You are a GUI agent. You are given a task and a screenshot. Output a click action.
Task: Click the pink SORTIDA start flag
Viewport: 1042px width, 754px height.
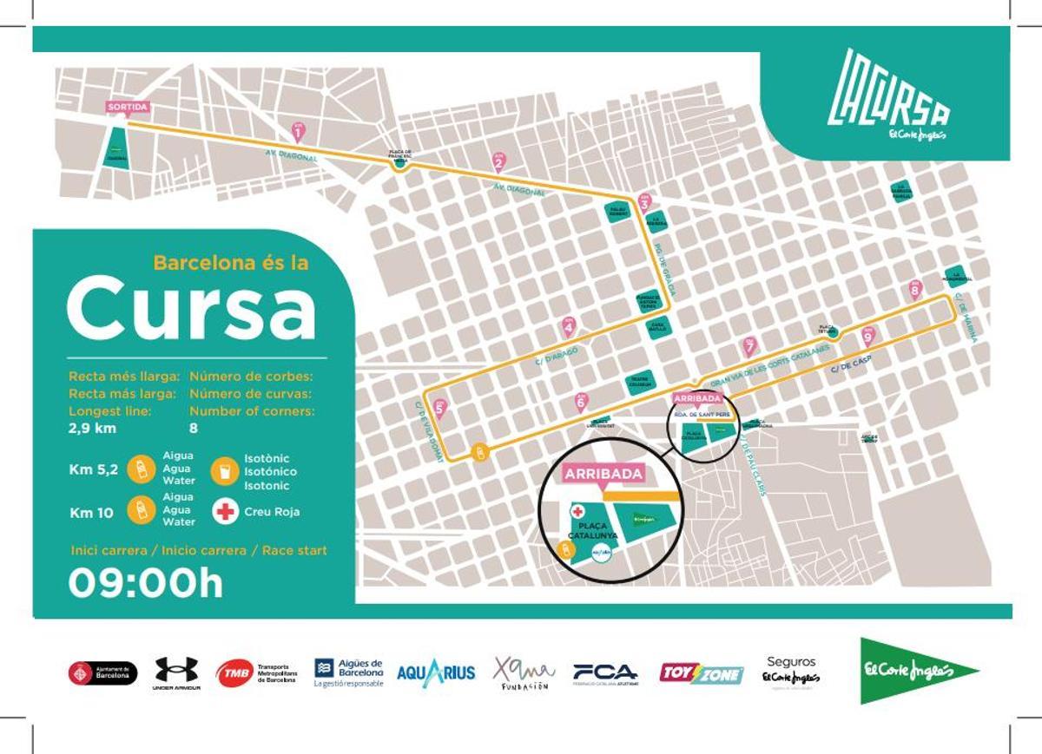[x=128, y=107]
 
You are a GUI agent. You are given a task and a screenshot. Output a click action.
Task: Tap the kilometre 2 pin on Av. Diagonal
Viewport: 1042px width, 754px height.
[x=498, y=161]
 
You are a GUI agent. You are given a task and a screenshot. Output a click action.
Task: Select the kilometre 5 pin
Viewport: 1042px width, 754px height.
[x=439, y=407]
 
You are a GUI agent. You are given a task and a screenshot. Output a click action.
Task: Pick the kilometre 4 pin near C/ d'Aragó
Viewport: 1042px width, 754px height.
[x=569, y=326]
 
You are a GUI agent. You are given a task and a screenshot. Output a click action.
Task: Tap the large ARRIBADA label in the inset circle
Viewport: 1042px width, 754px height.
[x=604, y=474]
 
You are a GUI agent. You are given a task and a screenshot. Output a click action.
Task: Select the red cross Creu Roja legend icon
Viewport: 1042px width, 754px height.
[x=226, y=511]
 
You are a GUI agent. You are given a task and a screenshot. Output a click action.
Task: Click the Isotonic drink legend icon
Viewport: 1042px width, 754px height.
[x=226, y=471]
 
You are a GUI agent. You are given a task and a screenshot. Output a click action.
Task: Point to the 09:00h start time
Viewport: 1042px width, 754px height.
[x=146, y=583]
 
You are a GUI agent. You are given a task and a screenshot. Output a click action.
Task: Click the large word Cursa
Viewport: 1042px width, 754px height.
[x=191, y=308]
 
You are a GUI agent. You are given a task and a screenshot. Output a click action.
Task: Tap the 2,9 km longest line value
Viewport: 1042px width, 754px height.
[x=92, y=428]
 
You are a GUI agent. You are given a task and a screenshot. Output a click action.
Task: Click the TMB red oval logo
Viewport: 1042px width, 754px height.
[x=234, y=673]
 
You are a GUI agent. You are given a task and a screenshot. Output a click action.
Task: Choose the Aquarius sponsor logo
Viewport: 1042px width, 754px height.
[x=436, y=672]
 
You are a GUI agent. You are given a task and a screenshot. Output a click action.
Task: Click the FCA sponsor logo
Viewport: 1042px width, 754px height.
[x=605, y=672]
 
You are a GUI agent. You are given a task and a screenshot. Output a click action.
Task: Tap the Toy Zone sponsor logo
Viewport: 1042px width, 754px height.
[x=702, y=673]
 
